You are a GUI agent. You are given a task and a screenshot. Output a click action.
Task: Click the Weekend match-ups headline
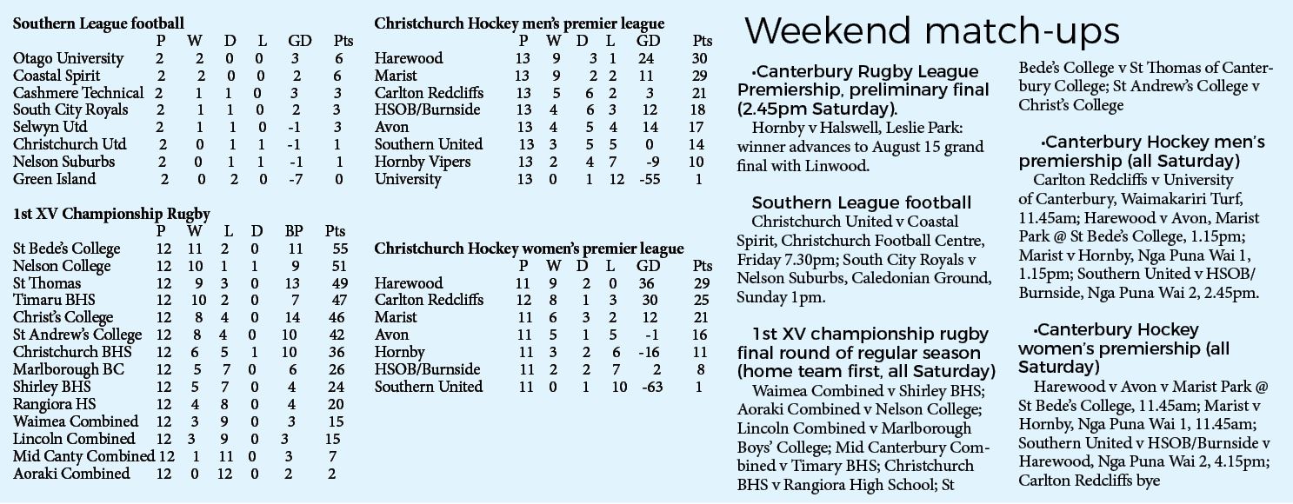(x=931, y=31)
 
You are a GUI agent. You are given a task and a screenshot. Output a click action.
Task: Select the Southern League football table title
(x=98, y=23)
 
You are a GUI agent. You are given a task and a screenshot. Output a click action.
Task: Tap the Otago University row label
(x=69, y=58)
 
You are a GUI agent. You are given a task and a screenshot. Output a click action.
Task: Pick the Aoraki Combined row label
(x=71, y=474)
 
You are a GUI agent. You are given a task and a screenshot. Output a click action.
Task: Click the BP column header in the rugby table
(x=293, y=231)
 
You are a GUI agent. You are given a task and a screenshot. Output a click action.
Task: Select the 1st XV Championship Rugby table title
(x=111, y=214)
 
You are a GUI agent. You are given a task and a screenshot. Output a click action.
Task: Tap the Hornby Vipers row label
(x=423, y=162)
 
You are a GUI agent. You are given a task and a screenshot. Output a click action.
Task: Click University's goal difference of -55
(x=649, y=179)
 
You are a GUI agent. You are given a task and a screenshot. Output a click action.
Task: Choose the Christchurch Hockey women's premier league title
(x=529, y=249)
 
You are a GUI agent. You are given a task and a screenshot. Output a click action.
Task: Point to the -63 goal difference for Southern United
(x=652, y=387)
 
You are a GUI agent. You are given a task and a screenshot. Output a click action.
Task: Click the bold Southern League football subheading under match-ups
(x=862, y=202)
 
